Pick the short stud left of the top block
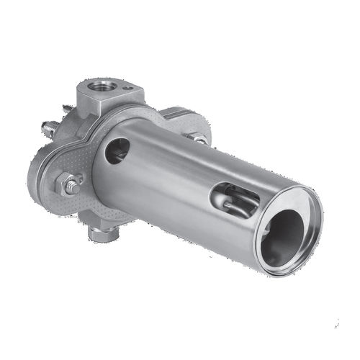pos(67,109)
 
